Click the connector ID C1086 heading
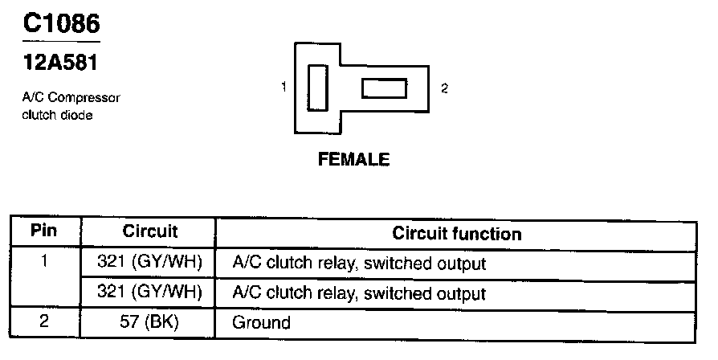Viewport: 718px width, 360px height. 62,23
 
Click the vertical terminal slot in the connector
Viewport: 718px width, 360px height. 317,88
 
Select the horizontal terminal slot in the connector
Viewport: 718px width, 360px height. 384,88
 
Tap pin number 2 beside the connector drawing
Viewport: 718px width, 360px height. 444,88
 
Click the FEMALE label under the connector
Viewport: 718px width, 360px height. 354,159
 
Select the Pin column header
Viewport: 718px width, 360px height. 44,231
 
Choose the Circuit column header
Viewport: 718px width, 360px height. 150,231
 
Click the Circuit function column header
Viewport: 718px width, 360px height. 456,234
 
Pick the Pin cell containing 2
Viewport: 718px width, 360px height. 44,322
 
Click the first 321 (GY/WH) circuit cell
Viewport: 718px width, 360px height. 149,262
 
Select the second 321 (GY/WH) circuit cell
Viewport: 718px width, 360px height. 149,292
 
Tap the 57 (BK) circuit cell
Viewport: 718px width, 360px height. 149,323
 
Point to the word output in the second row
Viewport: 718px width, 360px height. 461,293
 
